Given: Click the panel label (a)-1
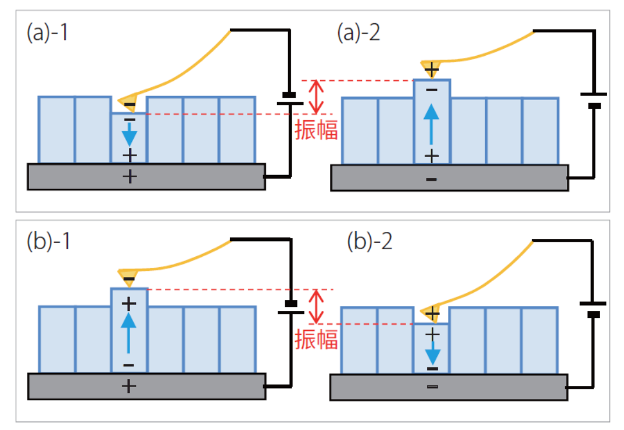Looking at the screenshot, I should click(x=48, y=33).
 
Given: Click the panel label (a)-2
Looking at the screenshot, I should click(x=359, y=33).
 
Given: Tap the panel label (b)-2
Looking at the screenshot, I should click(x=370, y=241).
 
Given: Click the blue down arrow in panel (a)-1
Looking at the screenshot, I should click(x=129, y=136).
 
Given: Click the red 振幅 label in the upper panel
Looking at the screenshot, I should click(x=317, y=130).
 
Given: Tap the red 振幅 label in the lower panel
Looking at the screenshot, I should click(x=317, y=339).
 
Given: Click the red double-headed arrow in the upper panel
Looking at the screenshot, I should click(x=315, y=96).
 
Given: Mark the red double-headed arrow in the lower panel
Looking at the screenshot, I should click(x=315, y=306).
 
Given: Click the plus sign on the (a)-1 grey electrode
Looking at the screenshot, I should click(x=130, y=177).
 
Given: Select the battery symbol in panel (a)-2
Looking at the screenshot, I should click(x=593, y=99).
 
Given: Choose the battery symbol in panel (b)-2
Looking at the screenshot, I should click(x=593, y=309).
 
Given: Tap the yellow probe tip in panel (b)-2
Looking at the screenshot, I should click(x=430, y=312).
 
